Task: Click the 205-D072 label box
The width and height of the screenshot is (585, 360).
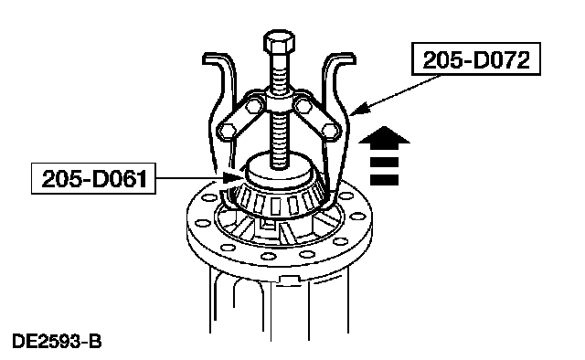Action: pyautogui.click(x=476, y=59)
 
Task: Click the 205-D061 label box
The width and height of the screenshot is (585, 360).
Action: pyautogui.click(x=93, y=178)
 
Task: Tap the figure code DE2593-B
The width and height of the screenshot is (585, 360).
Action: pyautogui.click(x=57, y=342)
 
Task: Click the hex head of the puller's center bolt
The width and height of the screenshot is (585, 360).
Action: pyautogui.click(x=279, y=41)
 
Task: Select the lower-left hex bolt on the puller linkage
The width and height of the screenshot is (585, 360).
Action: pyautogui.click(x=228, y=131)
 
